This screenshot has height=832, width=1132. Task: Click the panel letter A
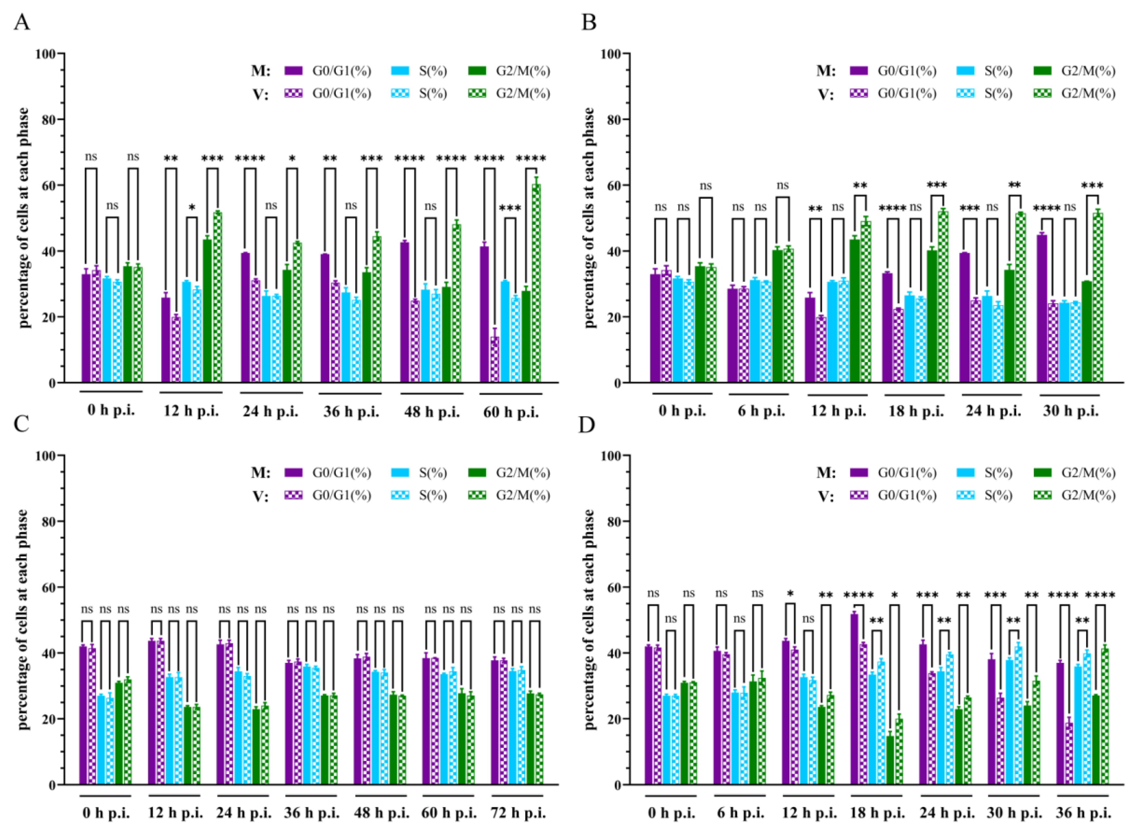click(21, 22)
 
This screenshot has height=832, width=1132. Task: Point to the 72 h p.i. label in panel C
click(518, 813)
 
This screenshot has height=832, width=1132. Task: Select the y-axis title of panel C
click(23, 619)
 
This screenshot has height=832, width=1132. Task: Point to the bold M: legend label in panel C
click(261, 473)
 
